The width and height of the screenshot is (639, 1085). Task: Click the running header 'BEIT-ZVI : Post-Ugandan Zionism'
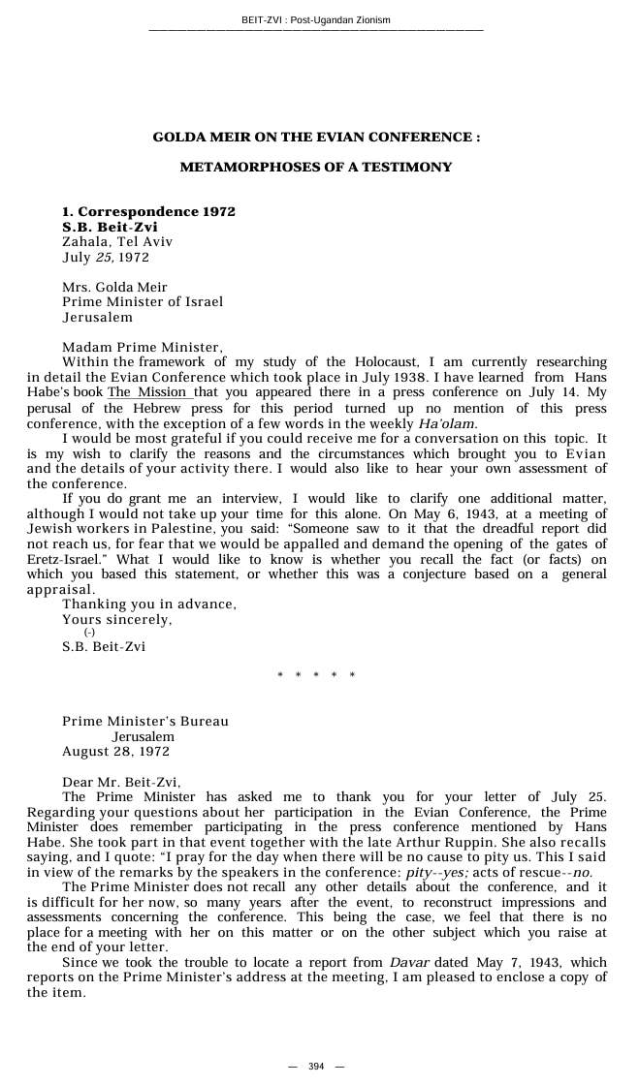coord(316,19)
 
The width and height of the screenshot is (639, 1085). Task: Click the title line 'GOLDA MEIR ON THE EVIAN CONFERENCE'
coord(316,138)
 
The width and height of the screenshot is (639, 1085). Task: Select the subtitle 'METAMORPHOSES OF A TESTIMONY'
coord(316,168)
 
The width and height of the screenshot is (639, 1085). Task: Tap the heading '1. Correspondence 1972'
coord(148,211)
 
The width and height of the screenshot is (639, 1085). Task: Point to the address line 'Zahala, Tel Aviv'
coord(117,242)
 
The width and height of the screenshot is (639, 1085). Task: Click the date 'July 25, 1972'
coord(106,258)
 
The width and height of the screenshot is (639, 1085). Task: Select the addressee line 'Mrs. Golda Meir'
coord(114,287)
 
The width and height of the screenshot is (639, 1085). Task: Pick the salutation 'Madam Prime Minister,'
coord(143,347)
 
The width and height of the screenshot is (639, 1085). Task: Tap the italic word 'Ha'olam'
coord(447,423)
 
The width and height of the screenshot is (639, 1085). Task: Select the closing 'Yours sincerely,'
coord(117,619)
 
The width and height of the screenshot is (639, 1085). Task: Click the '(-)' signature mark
coord(89,632)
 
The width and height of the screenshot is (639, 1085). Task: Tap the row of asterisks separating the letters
coord(316,675)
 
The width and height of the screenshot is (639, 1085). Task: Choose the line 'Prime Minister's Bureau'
coord(145,722)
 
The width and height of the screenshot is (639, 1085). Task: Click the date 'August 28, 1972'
coord(115,752)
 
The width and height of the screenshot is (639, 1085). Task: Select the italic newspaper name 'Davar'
coord(409,962)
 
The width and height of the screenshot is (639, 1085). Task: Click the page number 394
coord(316,1067)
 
